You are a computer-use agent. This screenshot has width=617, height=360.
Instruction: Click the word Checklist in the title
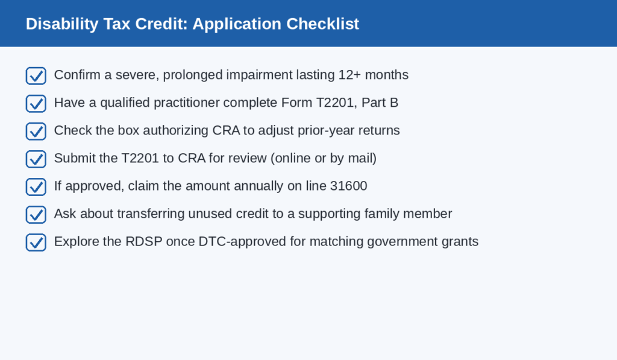[x=323, y=24]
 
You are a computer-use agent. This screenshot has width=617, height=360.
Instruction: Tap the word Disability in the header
[x=62, y=24]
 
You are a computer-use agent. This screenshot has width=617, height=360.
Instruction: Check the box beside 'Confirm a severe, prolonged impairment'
[x=36, y=75]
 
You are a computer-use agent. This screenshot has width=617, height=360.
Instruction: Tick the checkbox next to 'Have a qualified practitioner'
[x=36, y=104]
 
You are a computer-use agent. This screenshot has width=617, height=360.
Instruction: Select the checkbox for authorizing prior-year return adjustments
[x=36, y=131]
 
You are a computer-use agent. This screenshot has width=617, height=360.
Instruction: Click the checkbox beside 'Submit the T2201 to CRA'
[x=36, y=159]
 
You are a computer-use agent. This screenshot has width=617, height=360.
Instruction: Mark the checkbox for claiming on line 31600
[x=36, y=187]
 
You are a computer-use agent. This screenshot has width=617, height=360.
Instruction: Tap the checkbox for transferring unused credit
[x=36, y=215]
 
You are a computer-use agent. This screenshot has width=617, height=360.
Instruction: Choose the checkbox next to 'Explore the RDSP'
[x=36, y=242]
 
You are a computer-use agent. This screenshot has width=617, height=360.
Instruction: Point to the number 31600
[x=349, y=186]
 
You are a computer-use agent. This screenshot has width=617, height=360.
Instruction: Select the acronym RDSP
[x=143, y=241]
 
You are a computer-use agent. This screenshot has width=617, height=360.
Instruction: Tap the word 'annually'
[x=258, y=186]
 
